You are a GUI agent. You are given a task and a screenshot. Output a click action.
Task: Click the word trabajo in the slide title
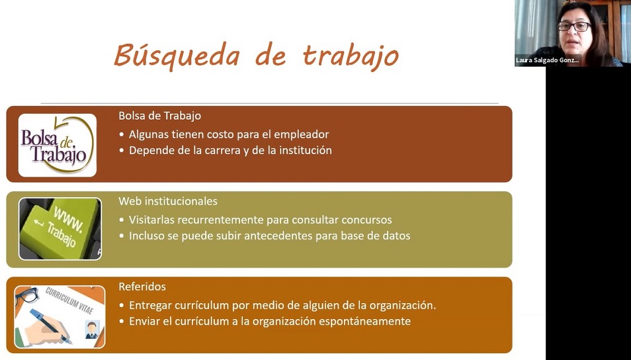point(351,56)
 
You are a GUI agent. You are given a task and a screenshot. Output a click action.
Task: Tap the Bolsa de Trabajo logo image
point(58,145)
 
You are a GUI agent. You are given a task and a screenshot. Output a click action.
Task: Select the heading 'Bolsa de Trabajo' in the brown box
point(160,116)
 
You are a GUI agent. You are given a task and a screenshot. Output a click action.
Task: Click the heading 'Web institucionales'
point(168,201)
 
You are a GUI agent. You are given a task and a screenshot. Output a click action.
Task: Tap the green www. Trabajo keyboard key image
point(60,229)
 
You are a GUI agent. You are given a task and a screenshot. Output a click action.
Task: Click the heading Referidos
point(142,287)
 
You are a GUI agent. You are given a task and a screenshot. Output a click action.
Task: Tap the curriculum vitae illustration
point(60,317)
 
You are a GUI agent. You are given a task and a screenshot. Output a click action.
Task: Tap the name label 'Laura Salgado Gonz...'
point(547,60)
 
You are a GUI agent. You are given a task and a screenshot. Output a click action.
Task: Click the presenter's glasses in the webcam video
point(574,26)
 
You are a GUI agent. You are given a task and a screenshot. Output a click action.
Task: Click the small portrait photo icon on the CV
point(92,330)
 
